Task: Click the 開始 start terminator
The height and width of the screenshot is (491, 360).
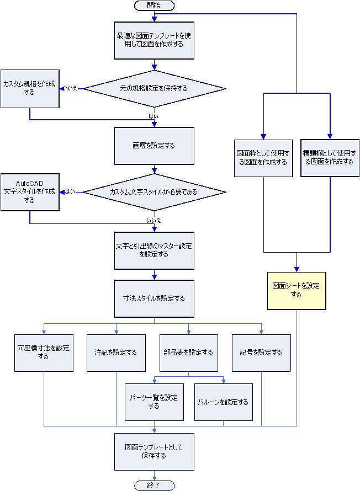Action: (x=154, y=6)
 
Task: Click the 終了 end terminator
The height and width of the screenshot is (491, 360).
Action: (x=154, y=485)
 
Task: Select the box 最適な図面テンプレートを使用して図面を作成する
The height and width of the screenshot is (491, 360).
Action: (x=154, y=40)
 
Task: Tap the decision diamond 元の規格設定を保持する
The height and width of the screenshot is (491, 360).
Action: (x=154, y=88)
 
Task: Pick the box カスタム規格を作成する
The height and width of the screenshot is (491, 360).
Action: (x=29, y=88)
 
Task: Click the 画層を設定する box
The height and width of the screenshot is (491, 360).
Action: (x=154, y=146)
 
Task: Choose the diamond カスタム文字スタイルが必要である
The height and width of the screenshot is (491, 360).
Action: (x=154, y=192)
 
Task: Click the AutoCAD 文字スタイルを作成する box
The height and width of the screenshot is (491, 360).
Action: (x=29, y=192)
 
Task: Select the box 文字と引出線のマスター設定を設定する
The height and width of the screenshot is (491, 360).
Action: (x=154, y=250)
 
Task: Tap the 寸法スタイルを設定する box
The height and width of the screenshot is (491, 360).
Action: (x=154, y=298)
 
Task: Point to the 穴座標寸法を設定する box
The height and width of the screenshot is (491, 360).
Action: (x=44, y=353)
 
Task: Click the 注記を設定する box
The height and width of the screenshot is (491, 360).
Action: (x=116, y=353)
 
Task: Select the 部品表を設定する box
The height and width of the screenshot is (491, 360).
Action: (x=188, y=353)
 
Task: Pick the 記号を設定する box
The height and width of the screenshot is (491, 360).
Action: (x=261, y=353)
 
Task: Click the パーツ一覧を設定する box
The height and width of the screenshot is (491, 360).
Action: (x=153, y=402)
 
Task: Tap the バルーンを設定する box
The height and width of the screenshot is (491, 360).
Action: (x=224, y=402)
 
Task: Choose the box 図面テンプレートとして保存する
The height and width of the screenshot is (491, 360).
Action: (x=154, y=451)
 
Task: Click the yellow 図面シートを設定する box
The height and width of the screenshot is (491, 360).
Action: (x=296, y=290)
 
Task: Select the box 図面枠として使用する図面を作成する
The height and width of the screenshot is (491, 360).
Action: (x=263, y=158)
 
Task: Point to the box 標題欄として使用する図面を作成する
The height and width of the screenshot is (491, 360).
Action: (x=330, y=158)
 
